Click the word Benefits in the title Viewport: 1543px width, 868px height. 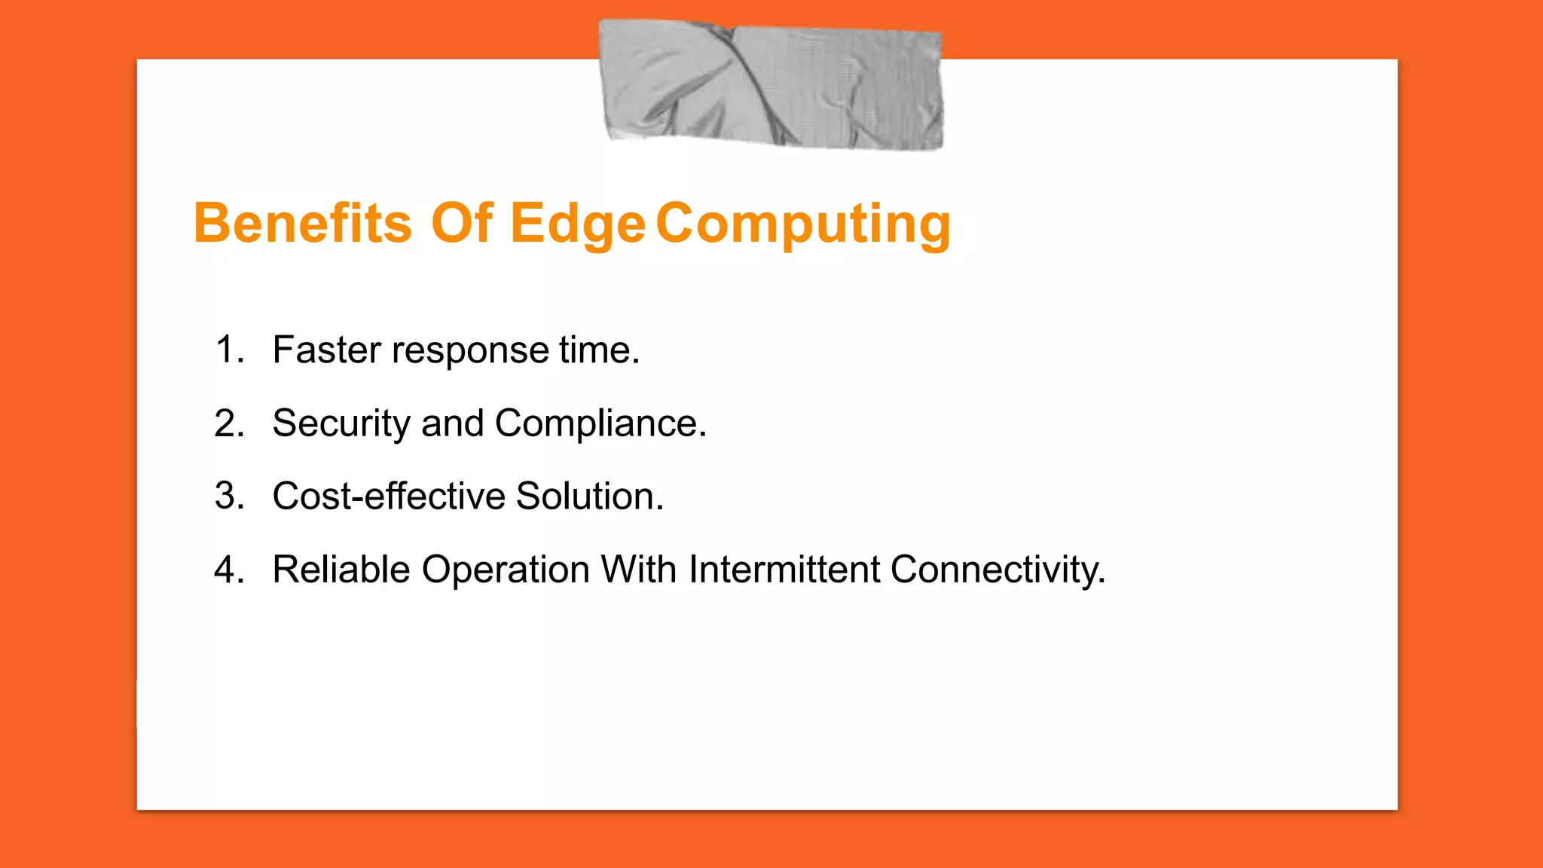302,224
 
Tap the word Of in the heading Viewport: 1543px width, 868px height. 461,224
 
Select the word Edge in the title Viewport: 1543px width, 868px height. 577,225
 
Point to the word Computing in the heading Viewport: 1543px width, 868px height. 803,225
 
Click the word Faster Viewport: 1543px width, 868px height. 327,350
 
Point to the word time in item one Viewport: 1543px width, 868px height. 598,350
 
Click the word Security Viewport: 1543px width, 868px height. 341,424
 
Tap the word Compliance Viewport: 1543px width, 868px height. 600,424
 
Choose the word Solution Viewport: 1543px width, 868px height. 589,497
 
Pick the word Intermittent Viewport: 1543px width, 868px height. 784,570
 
